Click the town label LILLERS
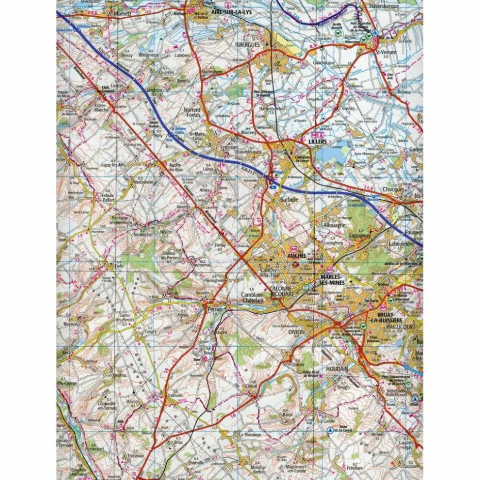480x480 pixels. [319, 141]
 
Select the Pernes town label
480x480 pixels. [209, 309]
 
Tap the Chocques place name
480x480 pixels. [406, 190]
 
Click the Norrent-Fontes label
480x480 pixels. [192, 112]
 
